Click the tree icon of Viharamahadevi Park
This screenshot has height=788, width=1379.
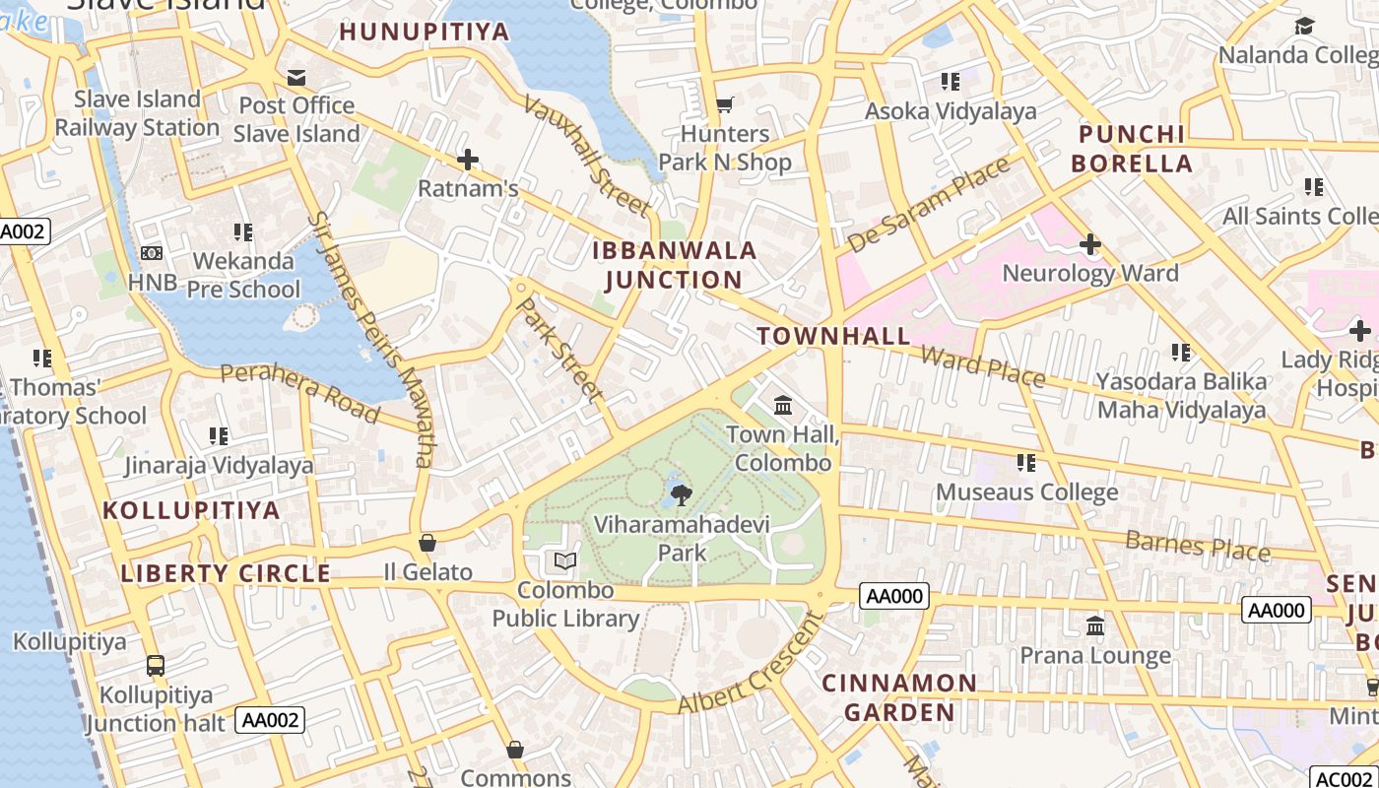[680, 494]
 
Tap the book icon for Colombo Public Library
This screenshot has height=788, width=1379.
[565, 561]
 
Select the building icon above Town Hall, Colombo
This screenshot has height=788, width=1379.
[783, 405]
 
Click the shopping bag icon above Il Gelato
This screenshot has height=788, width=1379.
[427, 543]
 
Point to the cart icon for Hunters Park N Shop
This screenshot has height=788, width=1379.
[725, 104]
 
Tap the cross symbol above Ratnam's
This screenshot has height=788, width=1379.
[468, 159]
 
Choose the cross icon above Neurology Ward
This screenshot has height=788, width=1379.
[1090, 243]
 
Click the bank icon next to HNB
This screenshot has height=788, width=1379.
[152, 253]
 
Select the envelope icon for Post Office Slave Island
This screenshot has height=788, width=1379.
[296, 77]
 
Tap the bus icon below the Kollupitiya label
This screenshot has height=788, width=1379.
[156, 666]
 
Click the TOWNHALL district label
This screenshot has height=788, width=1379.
[834, 335]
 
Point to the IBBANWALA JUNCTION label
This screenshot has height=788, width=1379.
[675, 265]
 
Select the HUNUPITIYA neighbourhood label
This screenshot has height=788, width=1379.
[425, 32]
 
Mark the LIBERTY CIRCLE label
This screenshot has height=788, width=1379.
[226, 573]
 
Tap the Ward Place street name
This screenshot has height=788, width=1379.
[982, 365]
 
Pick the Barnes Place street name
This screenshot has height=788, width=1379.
[1197, 545]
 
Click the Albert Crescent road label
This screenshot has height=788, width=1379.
[751, 664]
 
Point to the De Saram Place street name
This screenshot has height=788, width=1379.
[929, 204]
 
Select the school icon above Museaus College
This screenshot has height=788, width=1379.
[1026, 462]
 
